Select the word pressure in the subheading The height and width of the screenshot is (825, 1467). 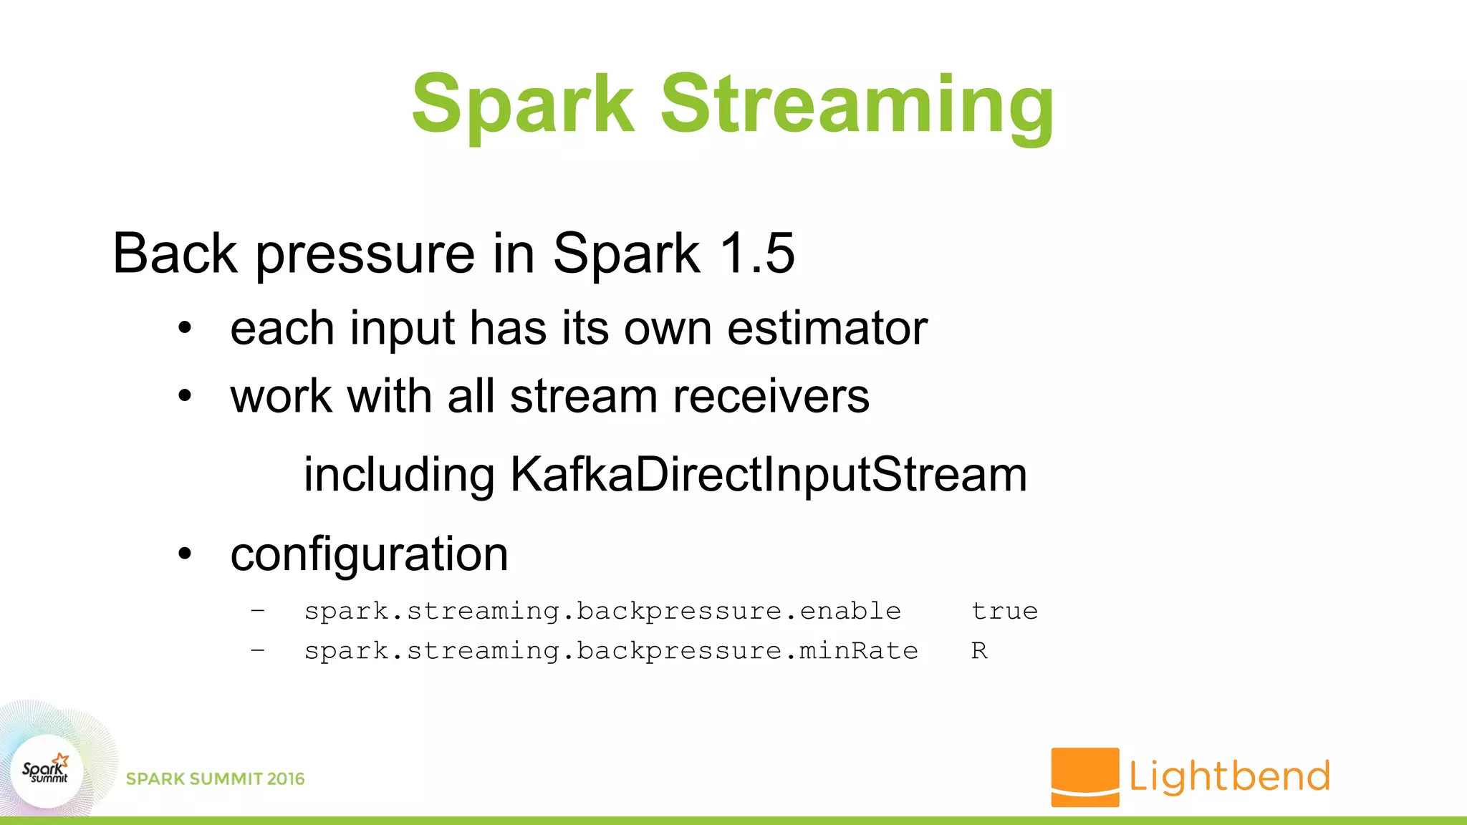coord(365,256)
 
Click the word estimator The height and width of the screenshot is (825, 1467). coord(827,329)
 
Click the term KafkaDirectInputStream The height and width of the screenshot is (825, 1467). coord(769,474)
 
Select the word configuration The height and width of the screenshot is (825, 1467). coord(369,554)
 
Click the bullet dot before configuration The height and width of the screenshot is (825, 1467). coord(186,554)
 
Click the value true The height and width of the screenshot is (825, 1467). coord(1004,611)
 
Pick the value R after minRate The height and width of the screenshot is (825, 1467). coord(979,650)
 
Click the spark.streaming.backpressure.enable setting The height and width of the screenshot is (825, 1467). coord(602,611)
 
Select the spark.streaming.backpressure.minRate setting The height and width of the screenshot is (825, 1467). coord(611,650)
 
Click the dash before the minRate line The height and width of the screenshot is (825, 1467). coord(258,650)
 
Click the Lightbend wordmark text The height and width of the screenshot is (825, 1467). coord(1229,776)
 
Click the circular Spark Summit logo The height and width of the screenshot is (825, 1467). coord(47,771)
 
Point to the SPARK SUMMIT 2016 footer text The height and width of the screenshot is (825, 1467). coord(215,778)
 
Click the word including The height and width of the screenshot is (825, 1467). coord(399,476)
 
